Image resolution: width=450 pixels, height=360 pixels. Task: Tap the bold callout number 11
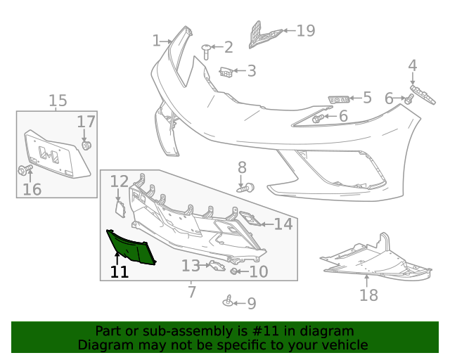pos(120,271)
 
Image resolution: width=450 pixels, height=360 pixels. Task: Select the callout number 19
pos(305,30)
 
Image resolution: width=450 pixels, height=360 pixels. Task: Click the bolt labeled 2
pos(207,50)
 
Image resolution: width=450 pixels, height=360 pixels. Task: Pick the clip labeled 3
pos(226,71)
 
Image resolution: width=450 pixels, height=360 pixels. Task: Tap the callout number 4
pos(413,65)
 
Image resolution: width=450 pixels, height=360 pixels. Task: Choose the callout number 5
pos(367,97)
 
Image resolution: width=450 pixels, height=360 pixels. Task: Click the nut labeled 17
pos(87,146)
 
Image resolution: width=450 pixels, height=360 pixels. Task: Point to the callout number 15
pos(58,101)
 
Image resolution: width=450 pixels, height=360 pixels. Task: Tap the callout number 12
pos(119,181)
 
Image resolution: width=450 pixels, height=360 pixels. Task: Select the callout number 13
pos(191,266)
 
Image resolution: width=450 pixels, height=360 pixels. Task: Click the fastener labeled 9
pos(229,302)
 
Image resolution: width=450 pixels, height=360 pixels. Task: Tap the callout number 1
pos(156,41)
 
